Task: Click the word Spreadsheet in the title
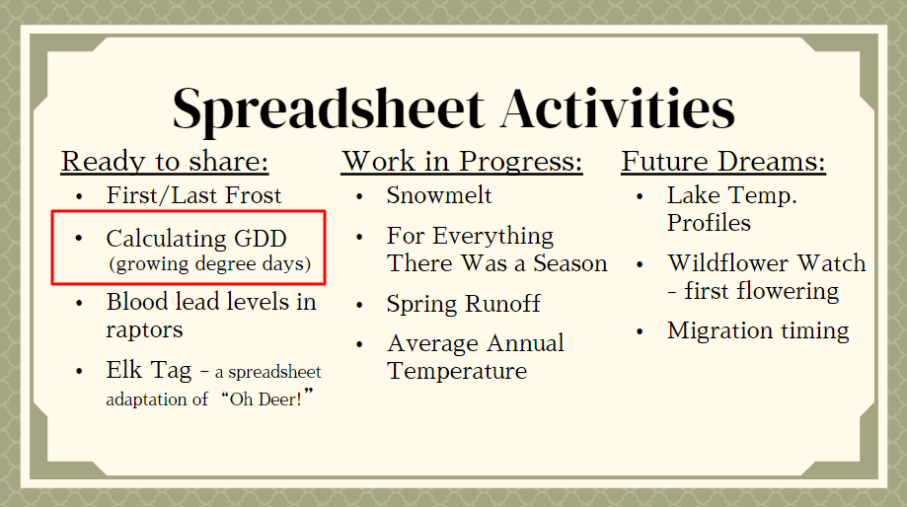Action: (329, 109)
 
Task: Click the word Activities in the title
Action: (618, 109)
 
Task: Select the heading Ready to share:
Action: (165, 162)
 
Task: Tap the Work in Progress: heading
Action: (462, 162)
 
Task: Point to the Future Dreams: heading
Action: (723, 161)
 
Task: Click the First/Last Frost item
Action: (193, 195)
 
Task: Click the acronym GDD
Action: (261, 239)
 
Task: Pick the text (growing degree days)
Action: (210, 264)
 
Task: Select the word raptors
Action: (144, 330)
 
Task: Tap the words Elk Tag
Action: (149, 371)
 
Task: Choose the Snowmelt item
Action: (439, 195)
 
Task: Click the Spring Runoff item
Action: (463, 304)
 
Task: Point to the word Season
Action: (569, 263)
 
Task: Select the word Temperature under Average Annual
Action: (457, 371)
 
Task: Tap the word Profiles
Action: (709, 223)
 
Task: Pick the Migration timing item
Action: (758, 331)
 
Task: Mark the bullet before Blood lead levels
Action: (79, 304)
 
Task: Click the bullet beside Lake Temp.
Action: (640, 197)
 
